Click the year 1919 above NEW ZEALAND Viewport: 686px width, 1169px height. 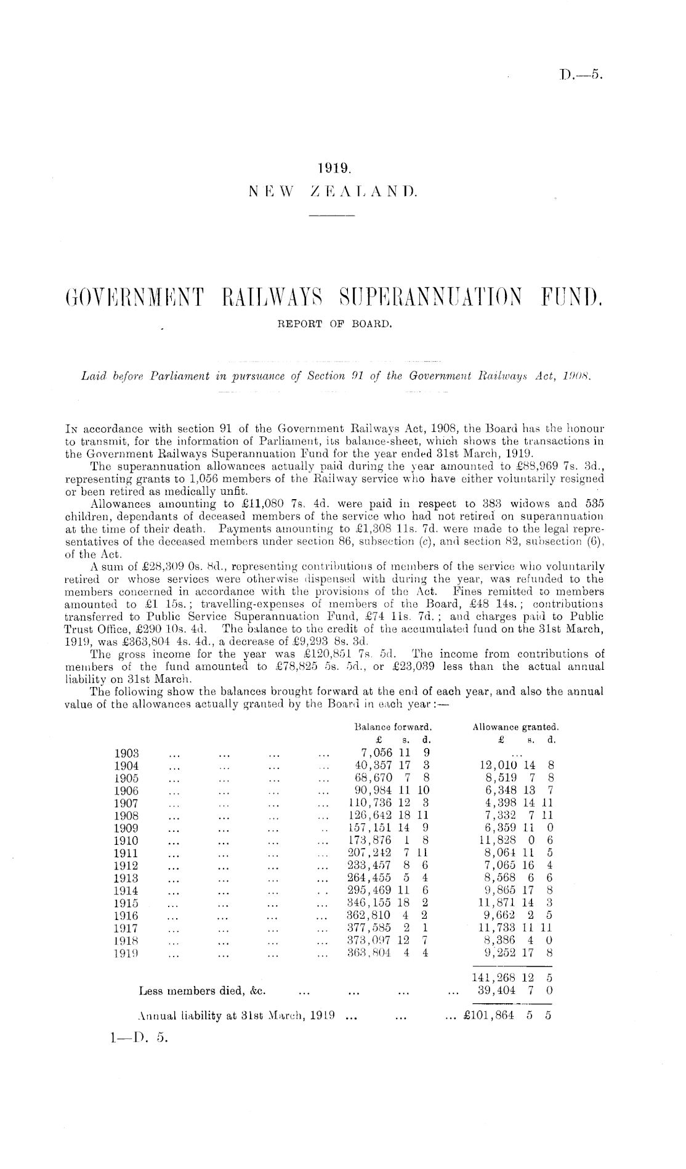[334, 167]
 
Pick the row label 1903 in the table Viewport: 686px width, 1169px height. [127, 752]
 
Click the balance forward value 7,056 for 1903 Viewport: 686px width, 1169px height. [374, 752]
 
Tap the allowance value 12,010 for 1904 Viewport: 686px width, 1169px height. [498, 765]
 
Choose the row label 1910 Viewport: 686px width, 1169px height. [127, 841]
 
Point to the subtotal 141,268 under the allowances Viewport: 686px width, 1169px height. [497, 978]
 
